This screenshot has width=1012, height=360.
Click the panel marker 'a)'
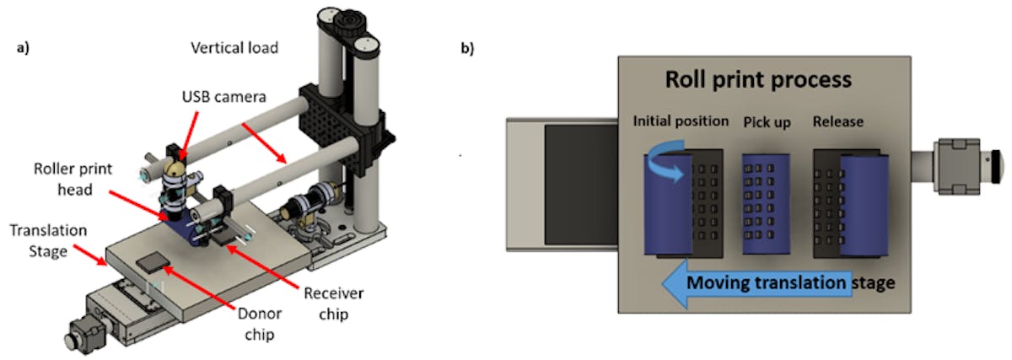pyautogui.click(x=24, y=48)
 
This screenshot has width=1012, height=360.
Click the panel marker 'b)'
pyautogui.click(x=466, y=48)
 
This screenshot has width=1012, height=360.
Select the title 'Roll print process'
pyautogui.click(x=758, y=81)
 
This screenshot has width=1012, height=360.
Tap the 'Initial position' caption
pyautogui.click(x=681, y=121)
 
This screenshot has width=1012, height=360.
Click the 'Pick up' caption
pyautogui.click(x=767, y=121)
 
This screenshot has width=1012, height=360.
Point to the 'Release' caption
pyautogui.click(x=837, y=121)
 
